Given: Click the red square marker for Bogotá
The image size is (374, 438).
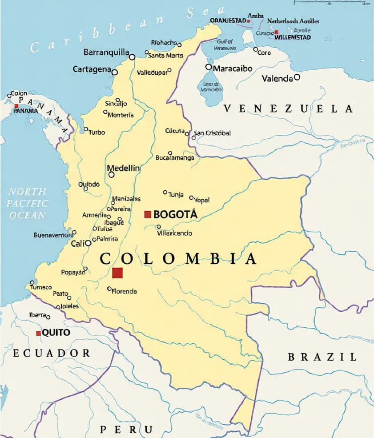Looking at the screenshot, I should pos(148,214).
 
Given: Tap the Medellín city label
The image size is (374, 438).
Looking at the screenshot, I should pos(124,169).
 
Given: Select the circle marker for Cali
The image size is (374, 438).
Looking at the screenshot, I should pos(88,243).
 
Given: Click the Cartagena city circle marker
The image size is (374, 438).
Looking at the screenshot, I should pos(115,72).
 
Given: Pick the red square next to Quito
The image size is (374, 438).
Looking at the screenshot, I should pos(39,333).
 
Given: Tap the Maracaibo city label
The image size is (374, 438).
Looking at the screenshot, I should pos(233,68).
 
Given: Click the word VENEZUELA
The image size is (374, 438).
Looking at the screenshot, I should pos(288,108).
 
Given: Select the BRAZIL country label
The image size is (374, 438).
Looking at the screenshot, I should pos(322,357).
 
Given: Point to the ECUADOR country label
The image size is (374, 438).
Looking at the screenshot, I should pos(51,353).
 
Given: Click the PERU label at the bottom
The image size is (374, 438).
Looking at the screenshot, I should pos(126,430).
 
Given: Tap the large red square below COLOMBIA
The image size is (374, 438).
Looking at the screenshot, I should pos(117,273).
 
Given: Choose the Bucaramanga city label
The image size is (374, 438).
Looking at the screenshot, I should pos(175,158).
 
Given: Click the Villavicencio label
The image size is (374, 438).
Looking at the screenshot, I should pos(175,233).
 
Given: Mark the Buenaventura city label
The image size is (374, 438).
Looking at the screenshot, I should pos(53,235).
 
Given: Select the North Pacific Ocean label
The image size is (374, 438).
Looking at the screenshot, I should pos(28,204).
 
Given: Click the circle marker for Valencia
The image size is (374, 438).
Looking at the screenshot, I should pos(297,77).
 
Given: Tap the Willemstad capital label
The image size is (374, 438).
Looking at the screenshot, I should pos(293,37).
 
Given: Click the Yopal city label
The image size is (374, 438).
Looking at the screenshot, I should pos(201,200).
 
